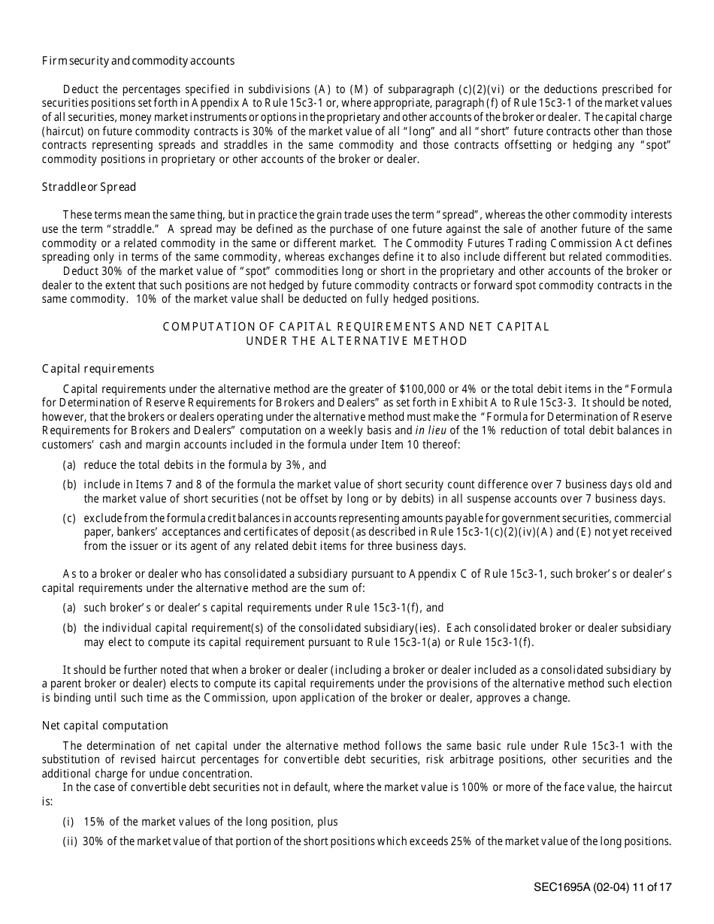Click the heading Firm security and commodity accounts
[x=138, y=61]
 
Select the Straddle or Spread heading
[x=89, y=186]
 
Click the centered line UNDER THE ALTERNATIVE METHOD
[x=357, y=341]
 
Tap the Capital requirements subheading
[x=98, y=369]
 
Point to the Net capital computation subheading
[x=104, y=726]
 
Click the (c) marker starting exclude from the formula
[x=69, y=519]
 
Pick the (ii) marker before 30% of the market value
[x=71, y=841]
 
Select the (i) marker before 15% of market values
[x=70, y=823]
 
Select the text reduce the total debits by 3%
[x=195, y=466]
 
